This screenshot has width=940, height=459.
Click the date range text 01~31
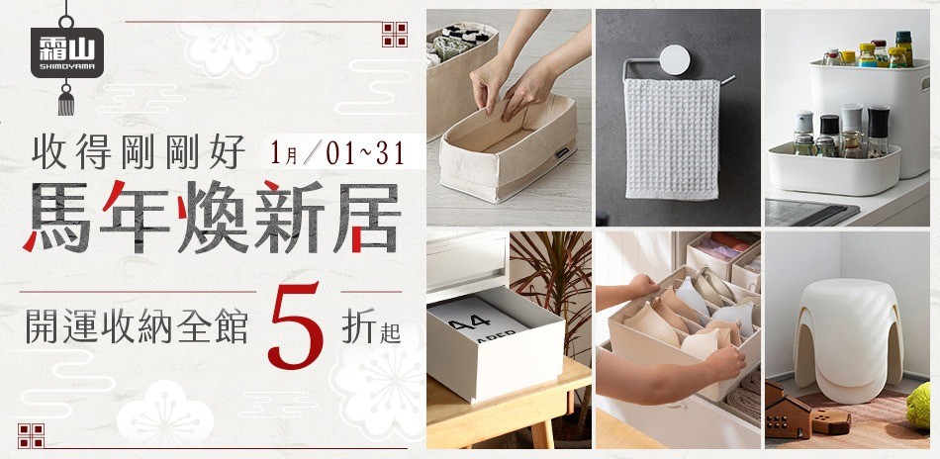tap(369, 155)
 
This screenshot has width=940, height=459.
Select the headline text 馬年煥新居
tap(213, 216)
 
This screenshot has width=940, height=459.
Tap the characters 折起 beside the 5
tap(370, 325)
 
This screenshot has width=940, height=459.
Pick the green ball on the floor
tap(919, 406)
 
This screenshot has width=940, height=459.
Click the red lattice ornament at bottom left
tap(32, 435)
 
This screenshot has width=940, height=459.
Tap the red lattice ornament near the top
tap(396, 34)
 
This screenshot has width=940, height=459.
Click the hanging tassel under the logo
tap(66, 98)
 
